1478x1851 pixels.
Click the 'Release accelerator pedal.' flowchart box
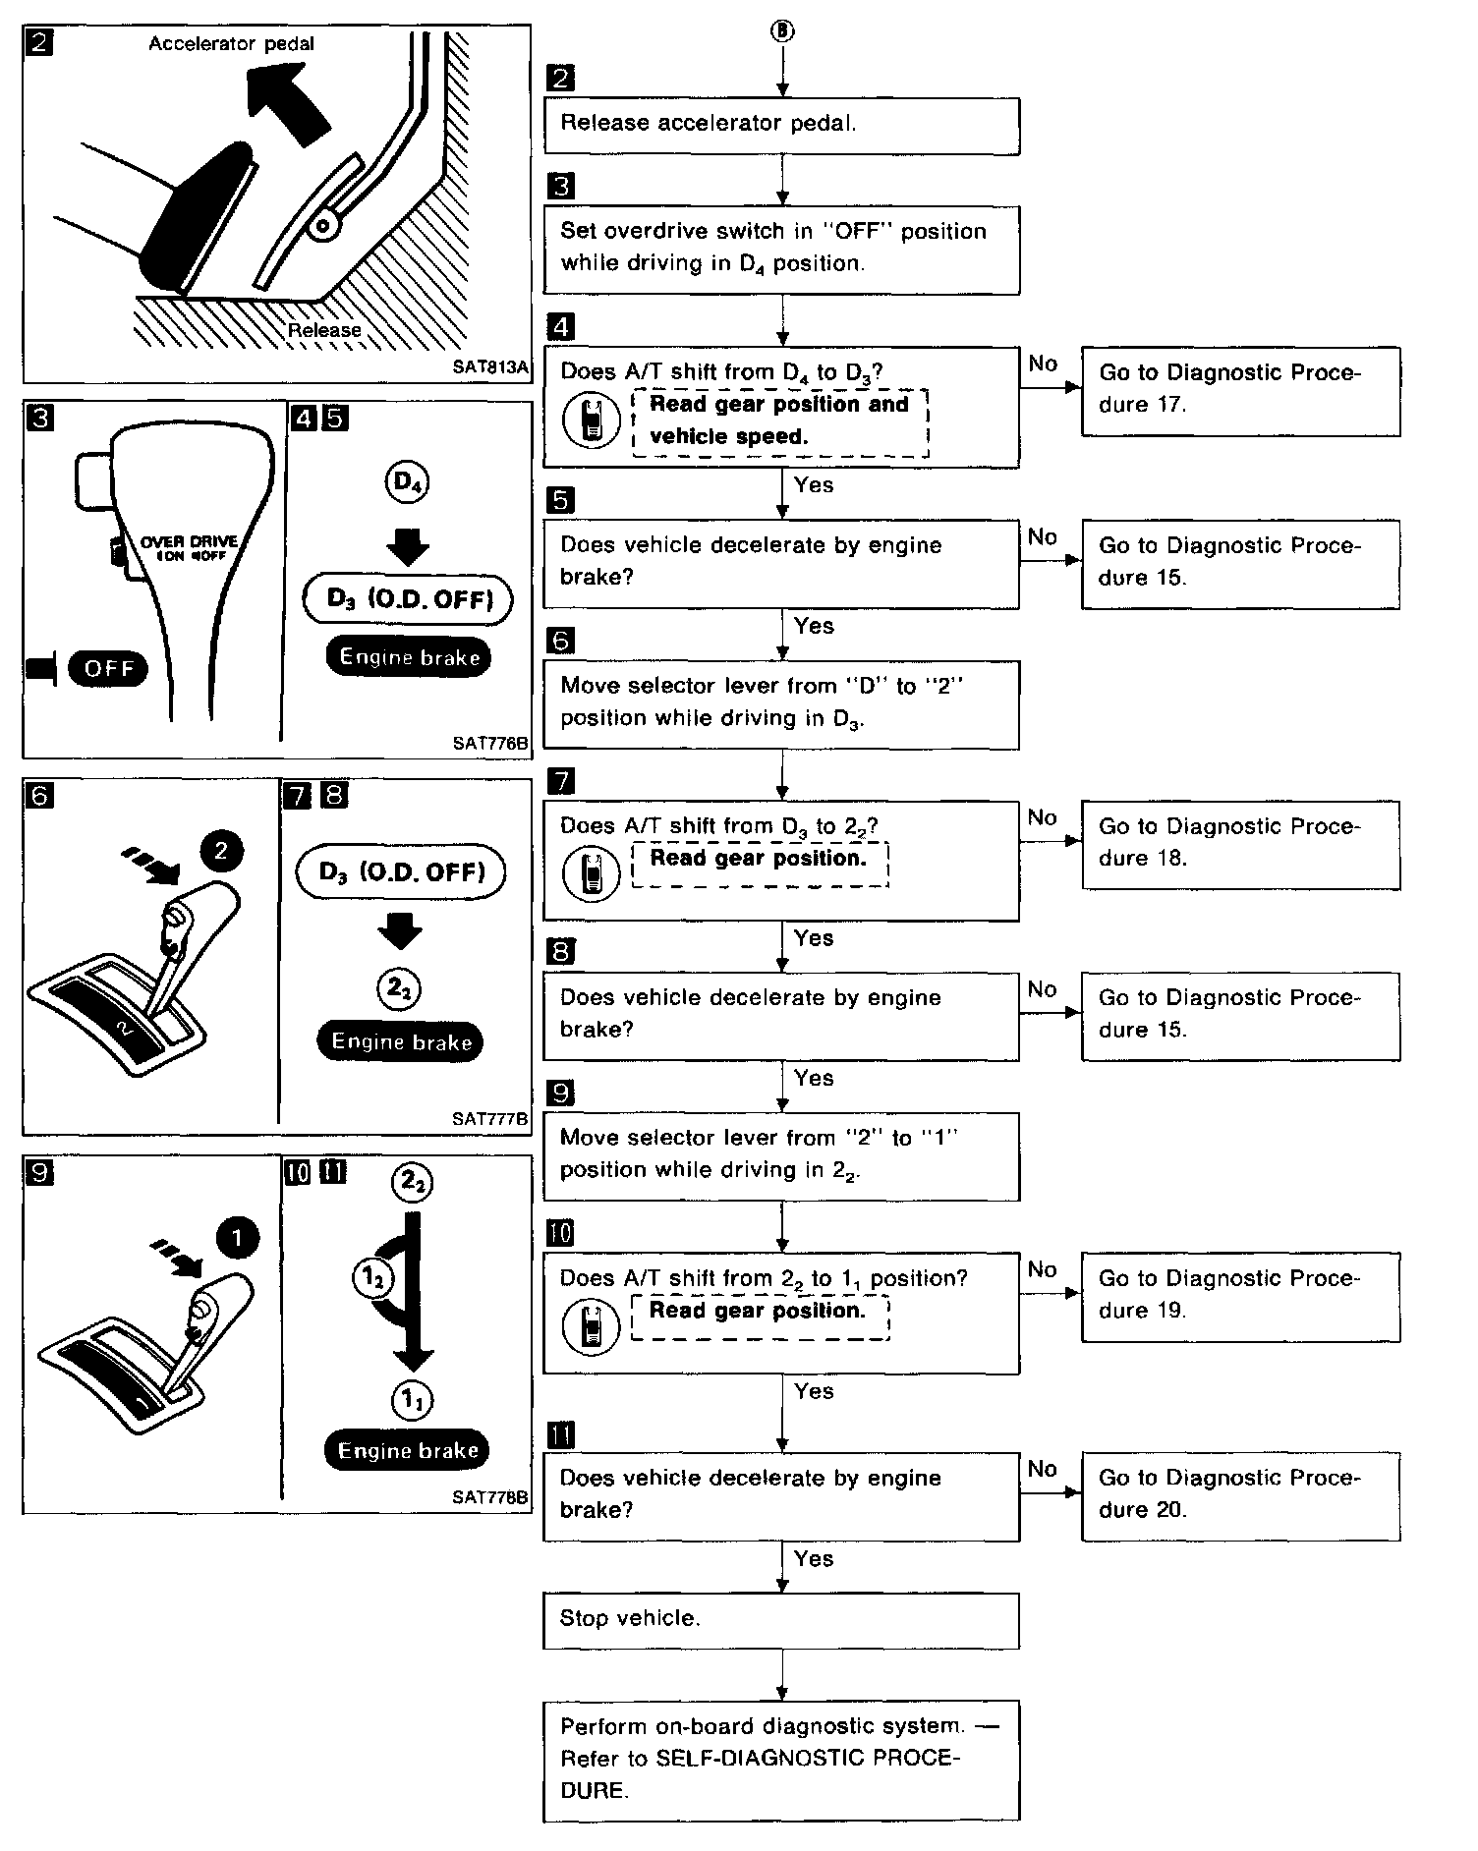pos(781,125)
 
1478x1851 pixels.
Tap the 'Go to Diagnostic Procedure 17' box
pos(1240,390)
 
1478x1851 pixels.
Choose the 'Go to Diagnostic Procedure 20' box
pos(1240,1495)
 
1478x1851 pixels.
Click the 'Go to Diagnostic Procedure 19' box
pos(1240,1296)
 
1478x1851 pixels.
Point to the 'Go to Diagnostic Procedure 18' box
pos(1240,844)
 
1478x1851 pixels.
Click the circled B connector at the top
pos(782,31)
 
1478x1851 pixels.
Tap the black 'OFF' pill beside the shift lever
pos(108,669)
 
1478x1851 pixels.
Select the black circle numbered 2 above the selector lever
pos(220,851)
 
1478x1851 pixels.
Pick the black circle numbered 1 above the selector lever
pos(236,1238)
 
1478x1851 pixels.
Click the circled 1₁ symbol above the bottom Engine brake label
pos(411,1400)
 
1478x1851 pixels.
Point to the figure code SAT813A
pos(490,367)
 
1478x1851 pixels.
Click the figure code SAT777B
pos(489,1118)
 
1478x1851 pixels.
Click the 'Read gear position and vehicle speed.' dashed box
pos(780,421)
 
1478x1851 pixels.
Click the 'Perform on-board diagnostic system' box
pos(781,1760)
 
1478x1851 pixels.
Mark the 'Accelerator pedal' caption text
pos(232,44)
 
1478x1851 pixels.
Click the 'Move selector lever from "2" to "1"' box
pos(781,1155)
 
